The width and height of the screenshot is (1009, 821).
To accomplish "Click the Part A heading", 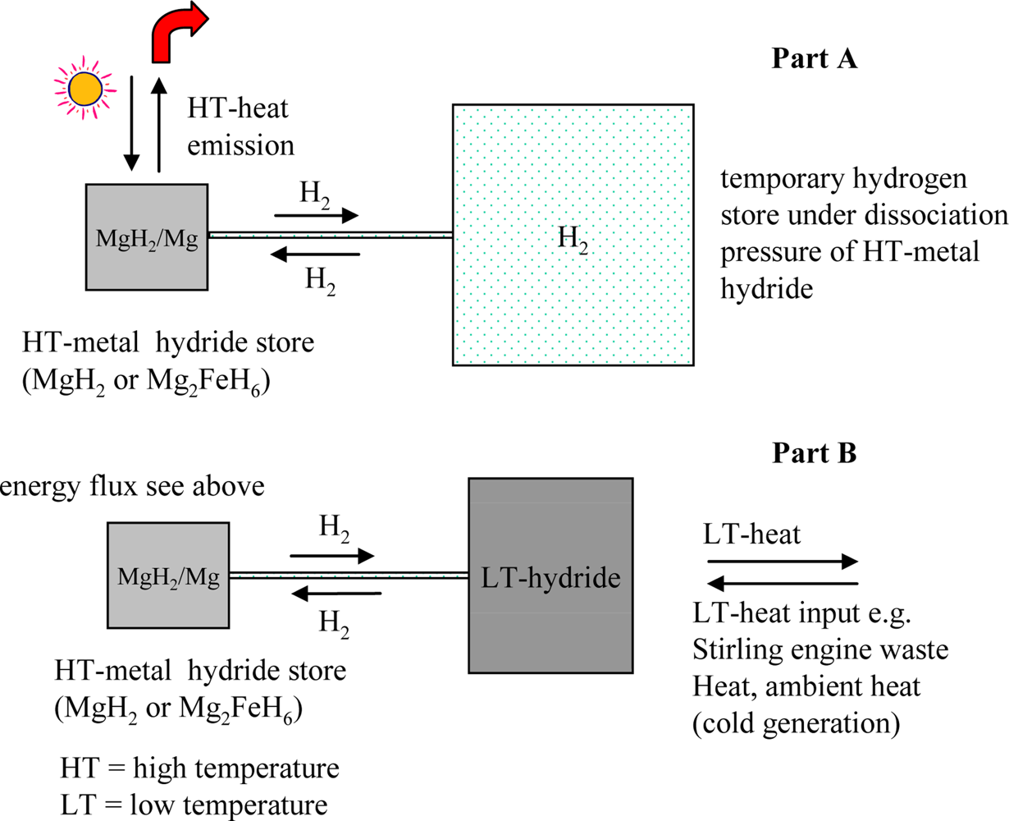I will [814, 59].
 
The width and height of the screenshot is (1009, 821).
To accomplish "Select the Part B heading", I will [814, 452].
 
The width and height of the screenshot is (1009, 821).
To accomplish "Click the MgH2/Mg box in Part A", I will [147, 237].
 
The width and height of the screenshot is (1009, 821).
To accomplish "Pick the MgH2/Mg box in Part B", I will [168, 577].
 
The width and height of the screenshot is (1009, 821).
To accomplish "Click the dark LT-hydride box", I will [550, 576].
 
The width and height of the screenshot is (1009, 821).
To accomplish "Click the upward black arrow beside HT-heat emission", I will [160, 123].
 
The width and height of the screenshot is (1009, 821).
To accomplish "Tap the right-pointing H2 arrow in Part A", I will [317, 216].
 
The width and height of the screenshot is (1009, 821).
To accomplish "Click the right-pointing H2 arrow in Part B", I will [332, 556].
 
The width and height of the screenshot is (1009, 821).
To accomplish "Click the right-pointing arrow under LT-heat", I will [783, 562].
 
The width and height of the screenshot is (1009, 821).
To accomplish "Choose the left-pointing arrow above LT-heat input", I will [783, 585].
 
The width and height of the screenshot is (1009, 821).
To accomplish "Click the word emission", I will [240, 145].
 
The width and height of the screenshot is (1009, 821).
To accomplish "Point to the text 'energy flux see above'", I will [133, 487].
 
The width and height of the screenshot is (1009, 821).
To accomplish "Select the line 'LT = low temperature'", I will [194, 804].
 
